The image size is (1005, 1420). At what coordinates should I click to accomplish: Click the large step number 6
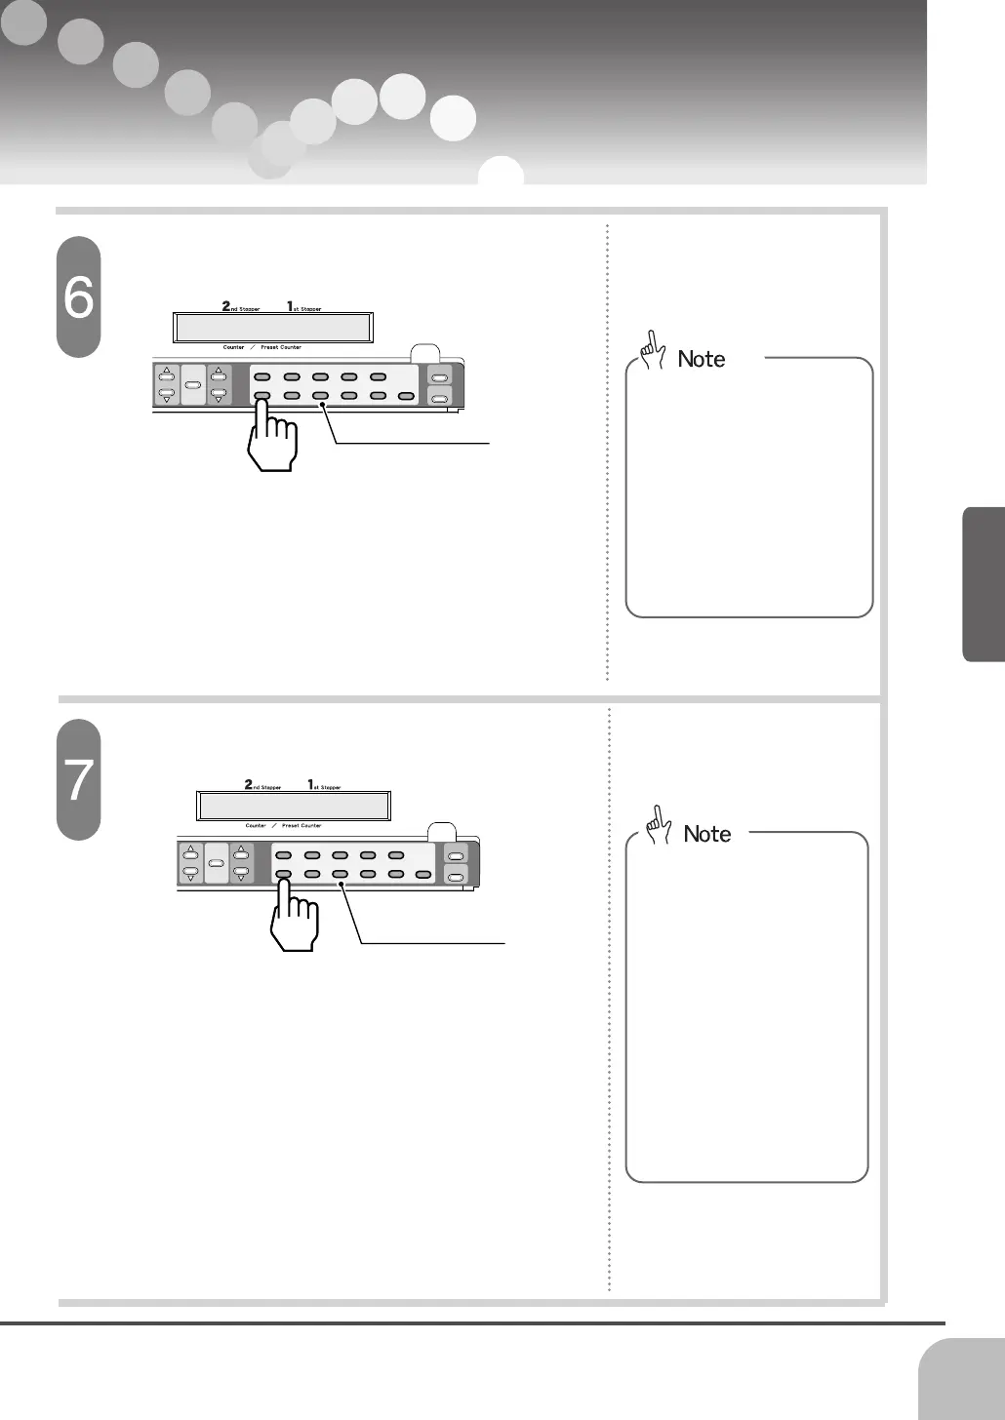[x=78, y=296]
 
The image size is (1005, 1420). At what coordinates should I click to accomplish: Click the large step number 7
[x=78, y=780]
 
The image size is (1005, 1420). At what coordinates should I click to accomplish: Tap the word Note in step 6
[x=702, y=359]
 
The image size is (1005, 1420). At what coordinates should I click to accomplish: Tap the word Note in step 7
[x=707, y=834]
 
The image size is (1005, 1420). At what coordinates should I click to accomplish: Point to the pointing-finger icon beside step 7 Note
[x=659, y=825]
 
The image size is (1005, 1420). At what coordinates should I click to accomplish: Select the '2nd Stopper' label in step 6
[x=240, y=307]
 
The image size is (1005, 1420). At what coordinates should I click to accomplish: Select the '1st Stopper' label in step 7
[x=325, y=785]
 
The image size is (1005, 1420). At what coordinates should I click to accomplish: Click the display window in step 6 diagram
[x=272, y=328]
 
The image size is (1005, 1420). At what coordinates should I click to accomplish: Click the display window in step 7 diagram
[x=294, y=807]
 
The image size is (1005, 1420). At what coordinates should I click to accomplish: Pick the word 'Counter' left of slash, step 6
[x=234, y=347]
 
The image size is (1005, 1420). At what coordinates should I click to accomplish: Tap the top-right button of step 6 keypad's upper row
[x=378, y=376]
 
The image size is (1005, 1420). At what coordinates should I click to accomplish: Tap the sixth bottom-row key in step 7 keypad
[x=422, y=874]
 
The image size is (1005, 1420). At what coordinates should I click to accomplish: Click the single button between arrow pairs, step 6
[x=192, y=385]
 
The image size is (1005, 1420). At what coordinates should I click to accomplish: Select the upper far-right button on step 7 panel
[x=456, y=855]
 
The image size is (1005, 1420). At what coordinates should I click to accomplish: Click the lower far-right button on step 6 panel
[x=440, y=397]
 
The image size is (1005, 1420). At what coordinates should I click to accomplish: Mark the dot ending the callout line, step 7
[x=342, y=885]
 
